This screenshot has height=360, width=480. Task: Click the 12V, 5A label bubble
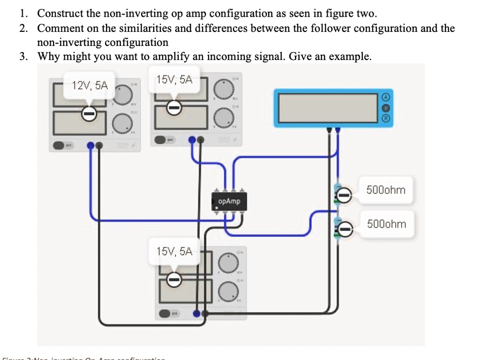[x=90, y=85]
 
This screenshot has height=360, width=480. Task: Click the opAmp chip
[x=229, y=201]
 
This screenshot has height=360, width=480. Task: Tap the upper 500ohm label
[x=386, y=190]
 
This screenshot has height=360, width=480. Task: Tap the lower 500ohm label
[x=386, y=224]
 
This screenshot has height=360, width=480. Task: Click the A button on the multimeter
[x=385, y=96]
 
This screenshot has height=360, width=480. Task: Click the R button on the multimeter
[x=385, y=118]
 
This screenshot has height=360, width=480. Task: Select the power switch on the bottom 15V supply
[x=165, y=313]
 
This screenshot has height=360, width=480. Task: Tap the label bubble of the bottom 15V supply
[x=174, y=251]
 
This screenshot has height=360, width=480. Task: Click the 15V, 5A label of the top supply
[x=174, y=80]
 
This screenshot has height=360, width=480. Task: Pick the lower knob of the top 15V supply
[x=225, y=116]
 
